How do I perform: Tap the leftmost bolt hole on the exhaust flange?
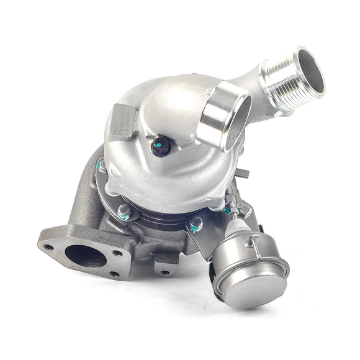[x=48, y=247]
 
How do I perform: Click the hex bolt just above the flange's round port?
[x=125, y=211]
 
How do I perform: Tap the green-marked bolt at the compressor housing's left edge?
[x=101, y=166]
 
